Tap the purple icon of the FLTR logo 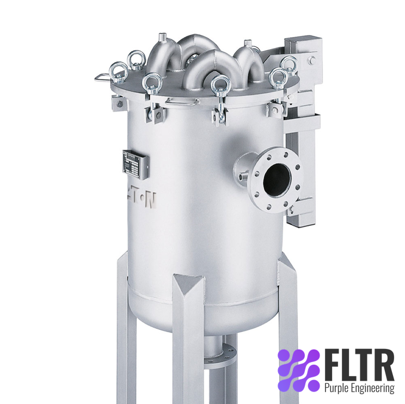[297, 370]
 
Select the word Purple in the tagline [336, 388]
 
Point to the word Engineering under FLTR [372, 388]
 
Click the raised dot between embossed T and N [143, 197]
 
